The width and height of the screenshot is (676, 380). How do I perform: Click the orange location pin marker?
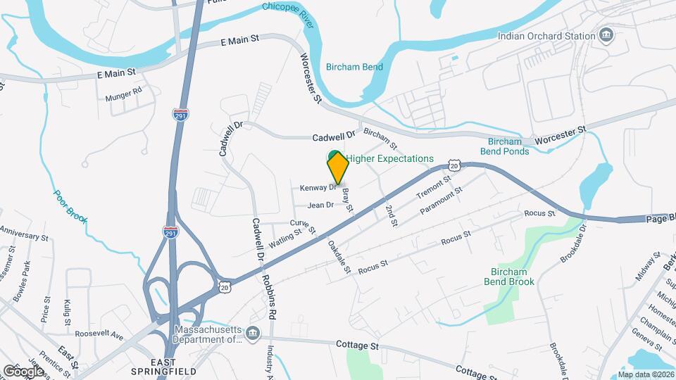338,167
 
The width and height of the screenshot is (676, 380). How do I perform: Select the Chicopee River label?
287,8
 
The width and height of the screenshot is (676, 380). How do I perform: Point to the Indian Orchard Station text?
546,36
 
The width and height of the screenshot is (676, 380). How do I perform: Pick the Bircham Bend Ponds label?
504,146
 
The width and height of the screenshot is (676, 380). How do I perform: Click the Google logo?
24,370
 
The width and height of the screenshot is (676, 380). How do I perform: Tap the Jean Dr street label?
320,205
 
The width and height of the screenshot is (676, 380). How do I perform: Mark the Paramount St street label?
440,199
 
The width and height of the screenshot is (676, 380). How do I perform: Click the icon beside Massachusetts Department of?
254,332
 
